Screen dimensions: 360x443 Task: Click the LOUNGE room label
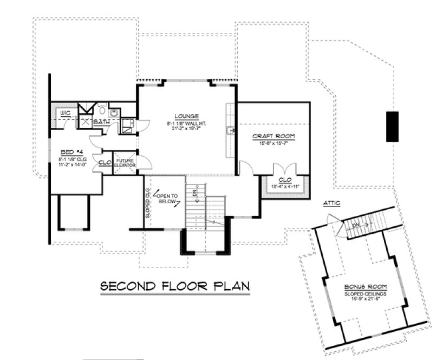click(x=186, y=116)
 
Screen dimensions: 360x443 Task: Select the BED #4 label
click(x=69, y=152)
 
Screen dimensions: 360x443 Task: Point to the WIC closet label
click(x=66, y=113)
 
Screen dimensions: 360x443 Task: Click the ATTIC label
click(x=331, y=203)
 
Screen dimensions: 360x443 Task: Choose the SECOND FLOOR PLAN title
click(x=175, y=286)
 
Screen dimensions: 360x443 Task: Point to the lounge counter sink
click(x=230, y=131)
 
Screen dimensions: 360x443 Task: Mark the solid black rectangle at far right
click(x=393, y=126)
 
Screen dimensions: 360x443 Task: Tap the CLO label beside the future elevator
click(x=105, y=162)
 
